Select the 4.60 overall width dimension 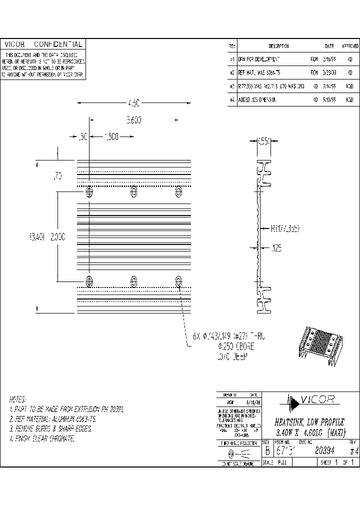pos(132,103)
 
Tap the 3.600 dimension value pos(133,120)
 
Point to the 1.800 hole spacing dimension pos(111,136)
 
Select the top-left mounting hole pos(89,191)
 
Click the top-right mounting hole pos(178,191)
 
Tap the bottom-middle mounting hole pos(134,281)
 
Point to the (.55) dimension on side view pos(263,141)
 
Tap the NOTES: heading pos(17,400)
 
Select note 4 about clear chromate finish pos(42,438)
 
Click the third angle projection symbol pos(237,453)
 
